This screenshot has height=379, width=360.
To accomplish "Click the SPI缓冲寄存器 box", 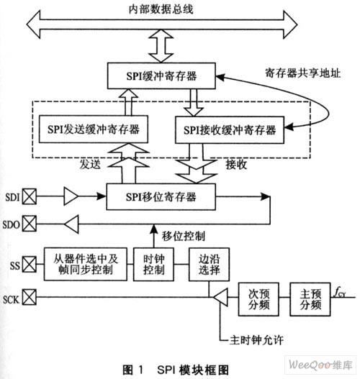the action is pyautogui.click(x=161, y=76).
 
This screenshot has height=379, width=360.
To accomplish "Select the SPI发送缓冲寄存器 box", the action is pyautogui.click(x=94, y=129).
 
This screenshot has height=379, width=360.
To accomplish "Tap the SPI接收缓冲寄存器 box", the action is pyautogui.click(x=230, y=130).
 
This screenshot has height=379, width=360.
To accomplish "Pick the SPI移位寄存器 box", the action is pyautogui.click(x=161, y=197).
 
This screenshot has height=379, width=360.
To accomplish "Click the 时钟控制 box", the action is pyautogui.click(x=153, y=264).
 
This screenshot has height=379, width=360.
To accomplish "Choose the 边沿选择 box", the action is pyautogui.click(x=210, y=264).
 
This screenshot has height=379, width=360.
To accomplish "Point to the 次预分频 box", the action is pyautogui.click(x=258, y=299).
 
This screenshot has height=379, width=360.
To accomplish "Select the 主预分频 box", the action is pyautogui.click(x=310, y=299).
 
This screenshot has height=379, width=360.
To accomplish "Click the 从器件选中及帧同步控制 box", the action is pyautogui.click(x=86, y=264).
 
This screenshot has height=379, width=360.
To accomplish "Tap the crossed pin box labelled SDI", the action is pyautogui.click(x=30, y=197).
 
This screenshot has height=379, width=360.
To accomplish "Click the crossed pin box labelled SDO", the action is pyautogui.click(x=30, y=224).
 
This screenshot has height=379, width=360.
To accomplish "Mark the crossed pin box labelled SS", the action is pyautogui.click(x=30, y=265).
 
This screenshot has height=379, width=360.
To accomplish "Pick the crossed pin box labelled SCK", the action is pyautogui.click(x=30, y=297).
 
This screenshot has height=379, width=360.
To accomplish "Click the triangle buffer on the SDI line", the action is pyautogui.click(x=71, y=196).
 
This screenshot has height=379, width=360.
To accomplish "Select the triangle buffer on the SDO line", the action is pyautogui.click(x=71, y=224).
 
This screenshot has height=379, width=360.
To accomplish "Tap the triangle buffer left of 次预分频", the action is pyautogui.click(x=220, y=297).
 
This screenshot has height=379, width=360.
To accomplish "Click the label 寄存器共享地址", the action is pyautogui.click(x=303, y=73).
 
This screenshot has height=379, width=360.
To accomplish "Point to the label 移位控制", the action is pyautogui.click(x=184, y=236).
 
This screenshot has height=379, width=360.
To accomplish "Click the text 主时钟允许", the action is pyautogui.click(x=256, y=340).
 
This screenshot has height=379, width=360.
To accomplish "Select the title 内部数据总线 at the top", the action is pyautogui.click(x=161, y=9).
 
